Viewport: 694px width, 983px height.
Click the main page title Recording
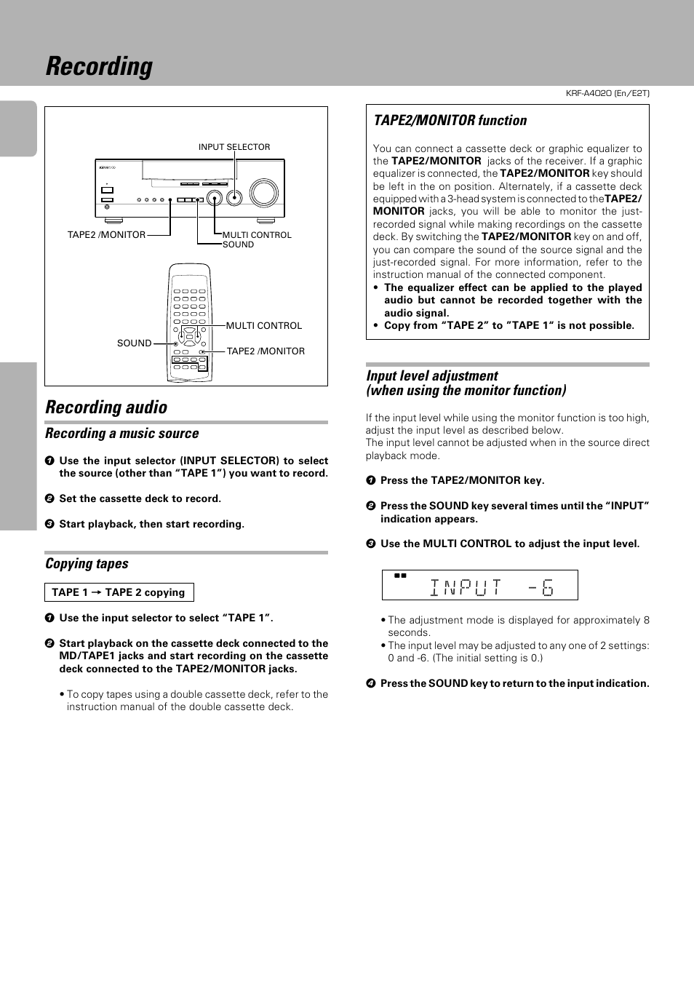(99, 66)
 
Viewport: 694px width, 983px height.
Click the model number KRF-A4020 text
(607, 93)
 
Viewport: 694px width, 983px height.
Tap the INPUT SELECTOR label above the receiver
(234, 147)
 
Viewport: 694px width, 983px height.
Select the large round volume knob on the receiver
(263, 193)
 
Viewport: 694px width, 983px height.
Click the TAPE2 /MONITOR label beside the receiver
(106, 235)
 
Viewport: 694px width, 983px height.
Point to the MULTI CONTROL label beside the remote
(263, 326)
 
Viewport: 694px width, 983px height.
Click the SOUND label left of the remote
(134, 343)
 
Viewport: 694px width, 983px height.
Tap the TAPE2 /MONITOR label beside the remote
(266, 351)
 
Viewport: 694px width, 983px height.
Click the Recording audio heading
(106, 407)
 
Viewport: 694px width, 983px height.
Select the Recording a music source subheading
(121, 434)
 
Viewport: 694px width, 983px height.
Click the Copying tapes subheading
(87, 564)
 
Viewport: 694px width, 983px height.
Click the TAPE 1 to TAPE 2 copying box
(119, 592)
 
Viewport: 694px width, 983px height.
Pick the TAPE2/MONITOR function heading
(450, 121)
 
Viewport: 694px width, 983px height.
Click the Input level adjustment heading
(432, 376)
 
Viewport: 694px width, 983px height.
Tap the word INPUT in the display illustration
(466, 587)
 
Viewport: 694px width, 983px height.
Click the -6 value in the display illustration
(541, 587)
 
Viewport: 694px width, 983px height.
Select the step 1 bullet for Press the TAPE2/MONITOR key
(370, 481)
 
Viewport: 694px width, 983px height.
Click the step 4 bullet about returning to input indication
(370, 684)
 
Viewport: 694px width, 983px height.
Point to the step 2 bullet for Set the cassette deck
(49, 499)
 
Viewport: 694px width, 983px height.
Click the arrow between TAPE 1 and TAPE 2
(96, 593)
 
